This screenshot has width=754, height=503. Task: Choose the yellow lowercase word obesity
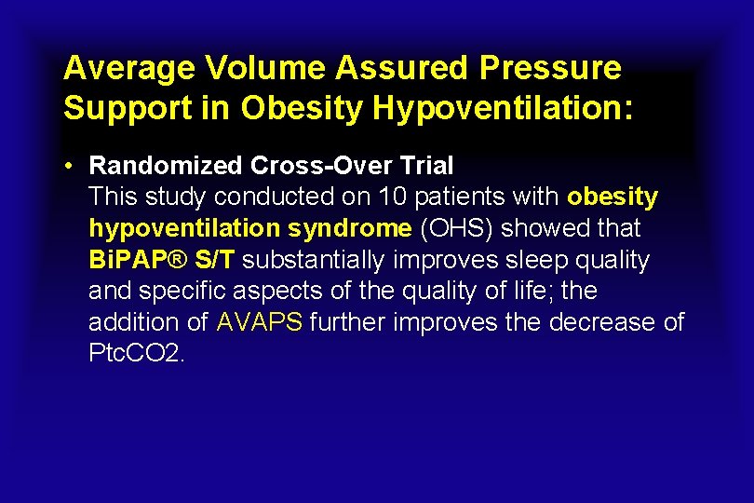(x=613, y=197)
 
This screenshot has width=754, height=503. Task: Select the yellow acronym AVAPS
(x=260, y=322)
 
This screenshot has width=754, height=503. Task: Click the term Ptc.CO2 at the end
(x=138, y=354)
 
